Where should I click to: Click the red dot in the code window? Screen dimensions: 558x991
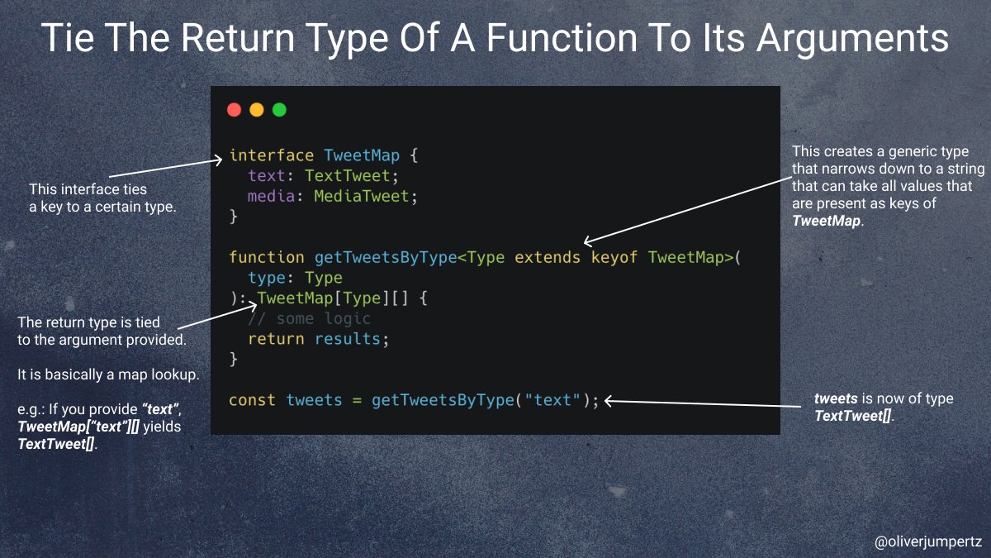point(234,110)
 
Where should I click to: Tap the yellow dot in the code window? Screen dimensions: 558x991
point(256,110)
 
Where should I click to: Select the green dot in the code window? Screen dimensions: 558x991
point(279,110)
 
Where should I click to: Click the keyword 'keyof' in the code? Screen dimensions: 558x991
point(614,257)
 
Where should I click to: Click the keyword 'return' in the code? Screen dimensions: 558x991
point(276,339)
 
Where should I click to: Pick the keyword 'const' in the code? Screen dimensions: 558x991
point(253,400)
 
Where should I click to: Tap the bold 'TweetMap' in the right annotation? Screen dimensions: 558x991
point(826,221)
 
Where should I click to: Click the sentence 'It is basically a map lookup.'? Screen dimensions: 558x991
point(108,374)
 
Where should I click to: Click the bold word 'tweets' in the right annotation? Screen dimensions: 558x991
point(834,399)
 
